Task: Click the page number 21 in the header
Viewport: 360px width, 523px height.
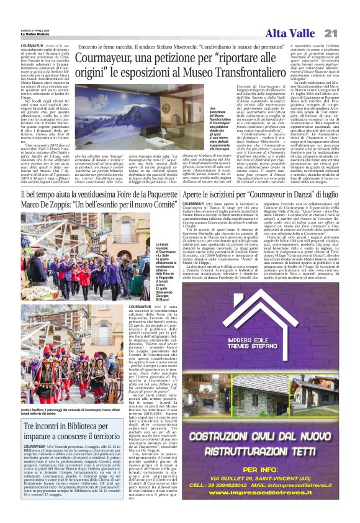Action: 348,33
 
